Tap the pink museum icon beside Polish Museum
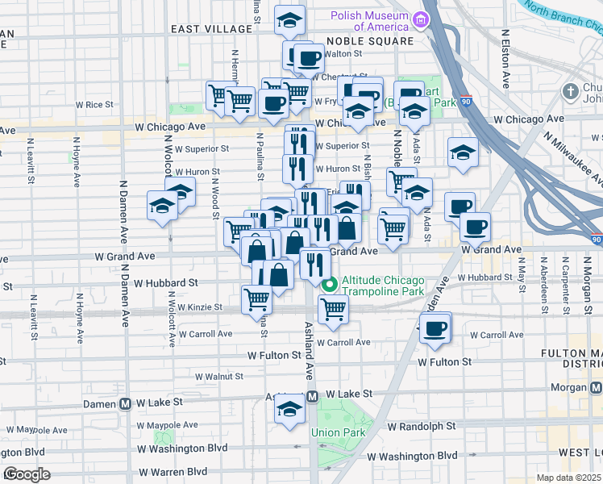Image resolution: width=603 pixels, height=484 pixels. (419, 19)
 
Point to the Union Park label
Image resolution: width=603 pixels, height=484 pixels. (339, 433)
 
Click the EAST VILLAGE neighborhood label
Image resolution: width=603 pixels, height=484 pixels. (211, 28)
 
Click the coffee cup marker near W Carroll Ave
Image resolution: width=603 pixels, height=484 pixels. (435, 329)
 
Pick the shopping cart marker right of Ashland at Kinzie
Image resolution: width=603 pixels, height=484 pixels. (333, 308)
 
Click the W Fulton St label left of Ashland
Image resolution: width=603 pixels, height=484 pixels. (275, 355)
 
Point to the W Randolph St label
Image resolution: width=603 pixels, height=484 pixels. (421, 425)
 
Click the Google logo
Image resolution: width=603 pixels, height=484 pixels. (27, 474)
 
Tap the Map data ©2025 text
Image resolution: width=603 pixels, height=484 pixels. (568, 478)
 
